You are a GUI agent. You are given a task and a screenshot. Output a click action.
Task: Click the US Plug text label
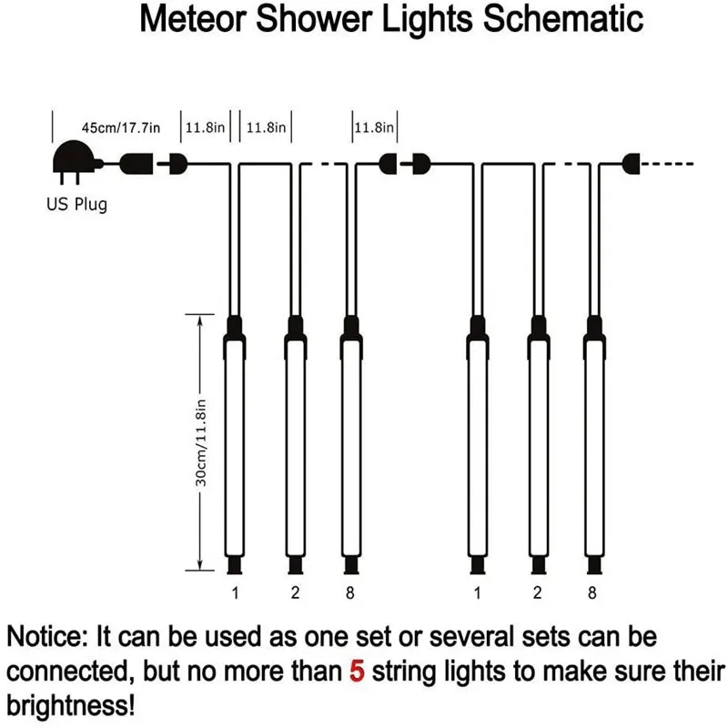point(76,203)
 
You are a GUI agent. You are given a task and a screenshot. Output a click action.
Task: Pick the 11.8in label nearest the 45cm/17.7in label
point(206,128)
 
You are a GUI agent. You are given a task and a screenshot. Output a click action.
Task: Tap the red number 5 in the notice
point(357,672)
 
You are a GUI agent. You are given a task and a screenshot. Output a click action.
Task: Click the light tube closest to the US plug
point(234,446)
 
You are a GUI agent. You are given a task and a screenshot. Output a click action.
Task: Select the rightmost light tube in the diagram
point(594,446)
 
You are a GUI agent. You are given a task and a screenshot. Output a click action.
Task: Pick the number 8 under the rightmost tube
point(594,594)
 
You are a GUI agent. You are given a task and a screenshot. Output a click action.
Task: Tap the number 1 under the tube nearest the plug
point(234,594)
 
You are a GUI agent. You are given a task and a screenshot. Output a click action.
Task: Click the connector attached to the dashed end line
point(631,165)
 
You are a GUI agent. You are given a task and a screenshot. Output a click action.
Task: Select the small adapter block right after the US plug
point(136,165)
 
